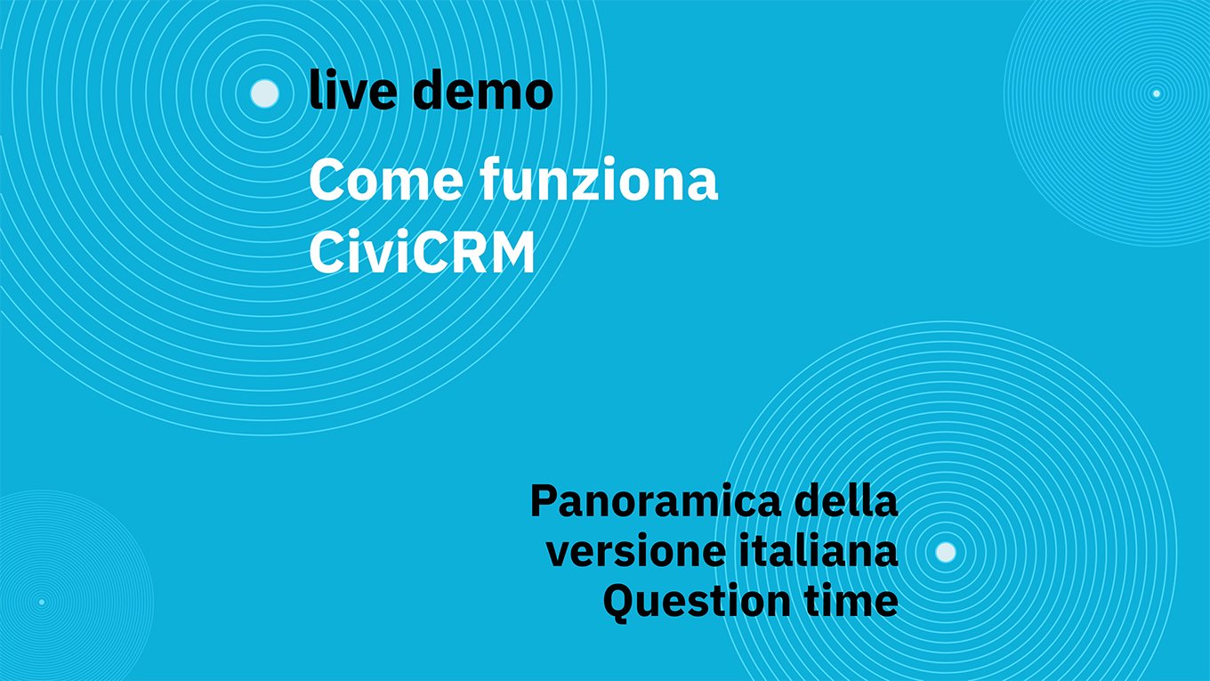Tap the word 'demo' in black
[483, 90]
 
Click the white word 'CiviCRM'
[422, 253]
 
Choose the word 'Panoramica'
[656, 501]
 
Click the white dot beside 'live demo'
[265, 93]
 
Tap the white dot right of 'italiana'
[945, 552]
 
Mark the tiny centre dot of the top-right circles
[1156, 93]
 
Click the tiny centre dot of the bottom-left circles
[42, 602]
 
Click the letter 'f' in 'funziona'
[492, 178]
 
